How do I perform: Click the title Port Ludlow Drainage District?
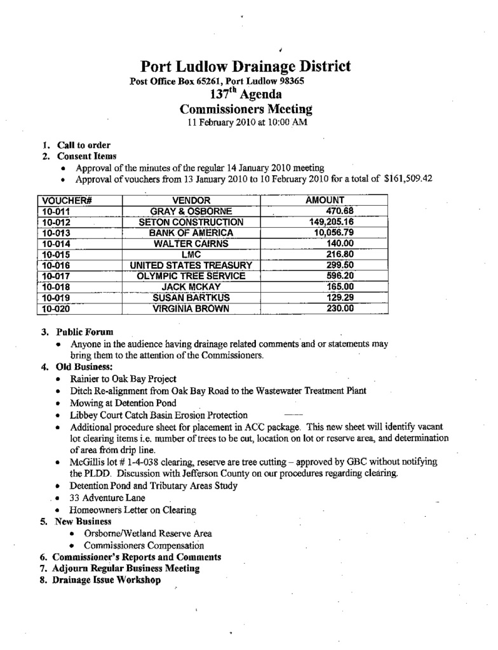(245, 66)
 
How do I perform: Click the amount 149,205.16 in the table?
(331, 222)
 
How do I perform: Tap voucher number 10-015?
(55, 255)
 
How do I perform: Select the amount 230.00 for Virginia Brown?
(340, 309)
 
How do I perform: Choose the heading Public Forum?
(84, 332)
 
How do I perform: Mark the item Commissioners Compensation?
(144, 545)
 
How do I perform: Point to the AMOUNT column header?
(325, 200)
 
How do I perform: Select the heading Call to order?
(83, 145)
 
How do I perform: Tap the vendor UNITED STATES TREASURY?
(191, 265)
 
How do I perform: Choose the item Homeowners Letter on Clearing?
(133, 510)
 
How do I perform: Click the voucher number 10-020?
(55, 309)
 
